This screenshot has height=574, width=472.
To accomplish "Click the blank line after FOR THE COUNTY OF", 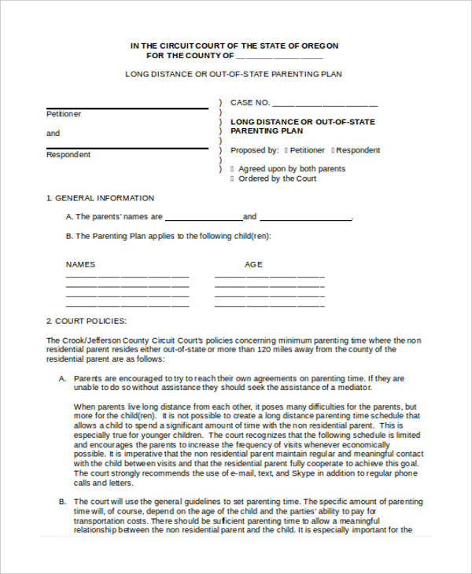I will [x=279, y=57].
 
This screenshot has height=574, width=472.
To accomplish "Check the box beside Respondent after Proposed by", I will [x=334, y=150].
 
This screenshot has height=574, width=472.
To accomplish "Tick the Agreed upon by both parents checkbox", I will [x=231, y=169].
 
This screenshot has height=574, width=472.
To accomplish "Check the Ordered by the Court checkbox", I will [x=231, y=178].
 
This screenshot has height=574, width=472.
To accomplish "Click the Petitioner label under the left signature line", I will [x=64, y=115].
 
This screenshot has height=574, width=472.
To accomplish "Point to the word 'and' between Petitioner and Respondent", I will [x=53, y=134].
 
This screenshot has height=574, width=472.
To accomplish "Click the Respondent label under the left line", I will [x=68, y=155].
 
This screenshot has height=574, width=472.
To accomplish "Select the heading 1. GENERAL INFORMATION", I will [x=100, y=198].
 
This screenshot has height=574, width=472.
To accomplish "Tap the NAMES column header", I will [x=80, y=264].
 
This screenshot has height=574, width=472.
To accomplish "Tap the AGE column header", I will [x=253, y=264].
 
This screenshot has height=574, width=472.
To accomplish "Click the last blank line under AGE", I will [x=270, y=306].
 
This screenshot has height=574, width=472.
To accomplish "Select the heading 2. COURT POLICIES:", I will [x=86, y=321].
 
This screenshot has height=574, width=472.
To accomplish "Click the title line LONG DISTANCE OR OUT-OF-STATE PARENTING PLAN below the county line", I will [x=234, y=74].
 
